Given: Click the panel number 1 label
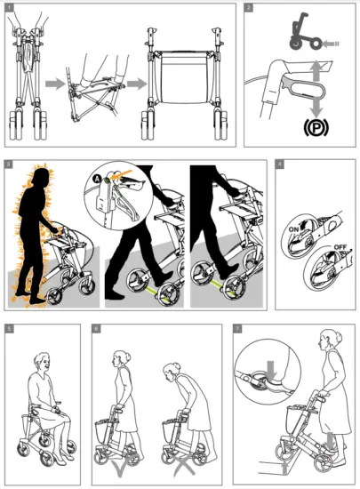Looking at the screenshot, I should (10, 8).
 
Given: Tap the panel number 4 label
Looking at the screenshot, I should (280, 165).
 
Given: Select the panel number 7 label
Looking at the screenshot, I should (236, 329).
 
